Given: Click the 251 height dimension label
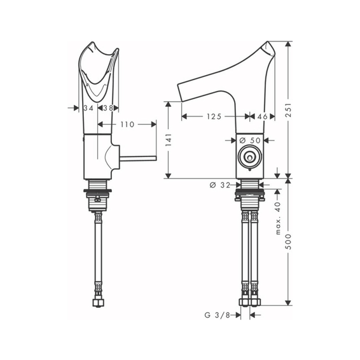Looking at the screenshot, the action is (288, 110).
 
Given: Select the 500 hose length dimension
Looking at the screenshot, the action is (288, 242).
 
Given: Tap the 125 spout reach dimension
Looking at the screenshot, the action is (214, 116).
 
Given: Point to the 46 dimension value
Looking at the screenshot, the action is (262, 116).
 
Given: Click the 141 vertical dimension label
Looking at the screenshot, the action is (169, 139).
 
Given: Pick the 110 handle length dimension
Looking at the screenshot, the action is (127, 125).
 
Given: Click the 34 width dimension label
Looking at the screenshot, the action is (88, 108).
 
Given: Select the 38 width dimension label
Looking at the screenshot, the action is (108, 108).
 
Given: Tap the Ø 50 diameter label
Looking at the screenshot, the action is (250, 140).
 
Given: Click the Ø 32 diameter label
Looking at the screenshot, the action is (220, 185).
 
